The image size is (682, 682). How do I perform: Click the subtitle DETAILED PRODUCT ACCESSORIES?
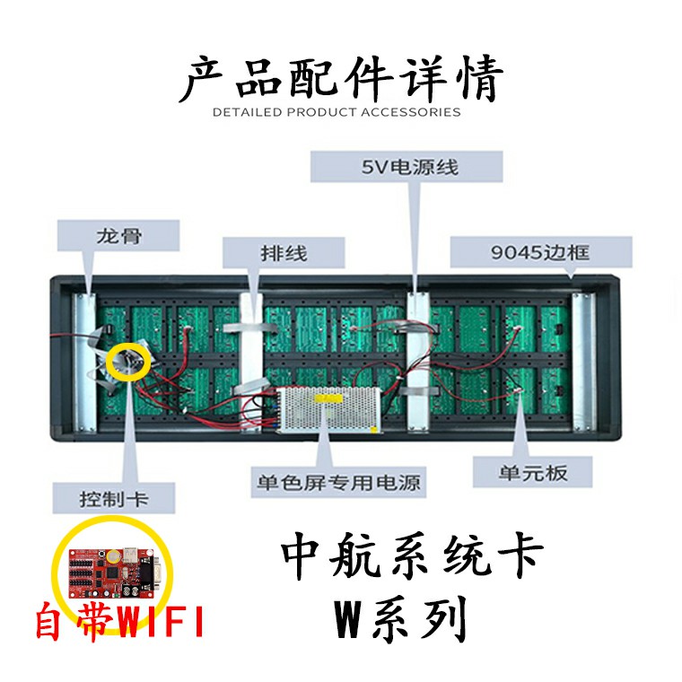(337, 112)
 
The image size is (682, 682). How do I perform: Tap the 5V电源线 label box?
(407, 167)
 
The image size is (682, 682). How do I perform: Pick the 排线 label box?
(283, 253)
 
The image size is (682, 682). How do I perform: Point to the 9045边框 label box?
(541, 252)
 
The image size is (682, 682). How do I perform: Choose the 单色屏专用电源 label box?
(337, 482)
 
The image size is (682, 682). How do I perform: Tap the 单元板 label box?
(533, 472)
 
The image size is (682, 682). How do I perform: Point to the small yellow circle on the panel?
(127, 361)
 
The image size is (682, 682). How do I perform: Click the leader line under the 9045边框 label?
(573, 278)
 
